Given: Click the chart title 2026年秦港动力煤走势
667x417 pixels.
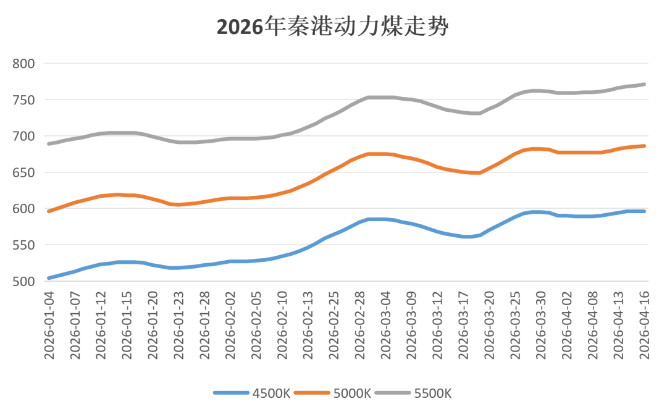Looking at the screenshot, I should pos(333,26).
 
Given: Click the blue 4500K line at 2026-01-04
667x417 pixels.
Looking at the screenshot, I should pos(48,278).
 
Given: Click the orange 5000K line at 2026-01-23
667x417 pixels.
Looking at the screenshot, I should pos(178,204).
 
